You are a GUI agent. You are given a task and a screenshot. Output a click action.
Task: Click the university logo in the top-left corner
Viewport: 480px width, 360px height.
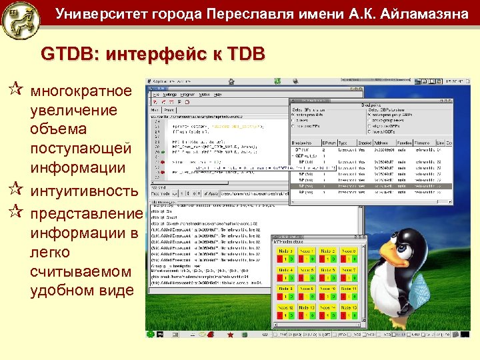coord(21,20)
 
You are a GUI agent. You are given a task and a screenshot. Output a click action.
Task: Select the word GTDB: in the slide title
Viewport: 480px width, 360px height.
coord(67,53)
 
